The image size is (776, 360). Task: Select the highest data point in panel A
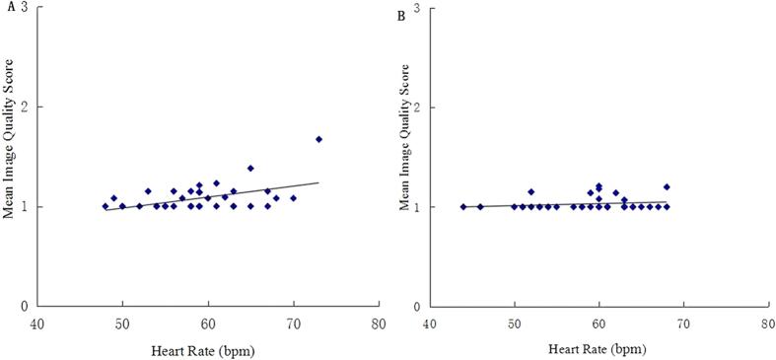tap(318, 139)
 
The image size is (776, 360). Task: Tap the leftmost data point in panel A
tap(105, 206)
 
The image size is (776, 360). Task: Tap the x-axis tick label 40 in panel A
tap(37, 323)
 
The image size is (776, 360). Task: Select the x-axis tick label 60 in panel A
tap(207, 323)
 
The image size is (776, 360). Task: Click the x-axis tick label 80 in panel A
tap(378, 323)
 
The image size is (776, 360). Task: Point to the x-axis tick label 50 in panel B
tap(513, 323)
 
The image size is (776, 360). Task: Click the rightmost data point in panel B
tap(667, 186)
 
